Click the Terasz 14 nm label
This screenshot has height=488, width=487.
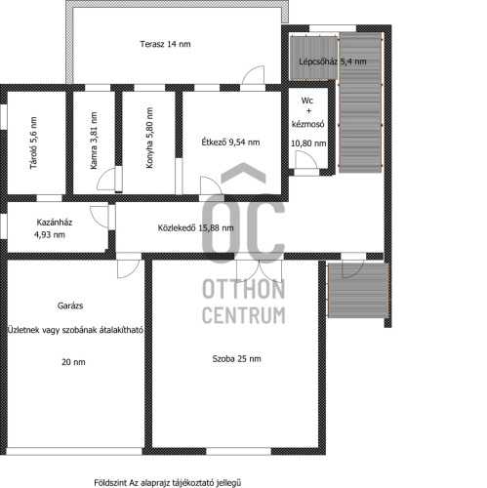tap(165, 44)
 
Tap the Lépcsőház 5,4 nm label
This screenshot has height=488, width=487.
tap(333, 61)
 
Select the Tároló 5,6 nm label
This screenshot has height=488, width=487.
tap(33, 142)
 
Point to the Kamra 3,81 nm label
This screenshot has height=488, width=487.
tap(94, 141)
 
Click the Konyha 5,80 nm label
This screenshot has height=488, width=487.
tap(149, 138)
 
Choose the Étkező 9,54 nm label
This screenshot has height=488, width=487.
tap(230, 142)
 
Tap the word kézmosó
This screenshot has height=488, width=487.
tap(307, 124)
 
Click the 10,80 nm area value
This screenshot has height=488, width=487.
tap(308, 143)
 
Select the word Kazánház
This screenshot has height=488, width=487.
tap(55, 223)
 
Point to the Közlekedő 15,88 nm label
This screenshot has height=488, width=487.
tap(195, 227)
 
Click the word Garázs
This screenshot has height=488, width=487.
tap(70, 305)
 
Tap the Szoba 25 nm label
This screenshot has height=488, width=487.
tap(236, 359)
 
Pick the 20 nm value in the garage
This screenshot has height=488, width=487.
tap(73, 362)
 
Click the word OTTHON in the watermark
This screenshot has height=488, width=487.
tap(244, 289)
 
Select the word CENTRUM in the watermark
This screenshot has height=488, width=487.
tap(244, 315)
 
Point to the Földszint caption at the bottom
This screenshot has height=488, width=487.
tap(168, 483)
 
